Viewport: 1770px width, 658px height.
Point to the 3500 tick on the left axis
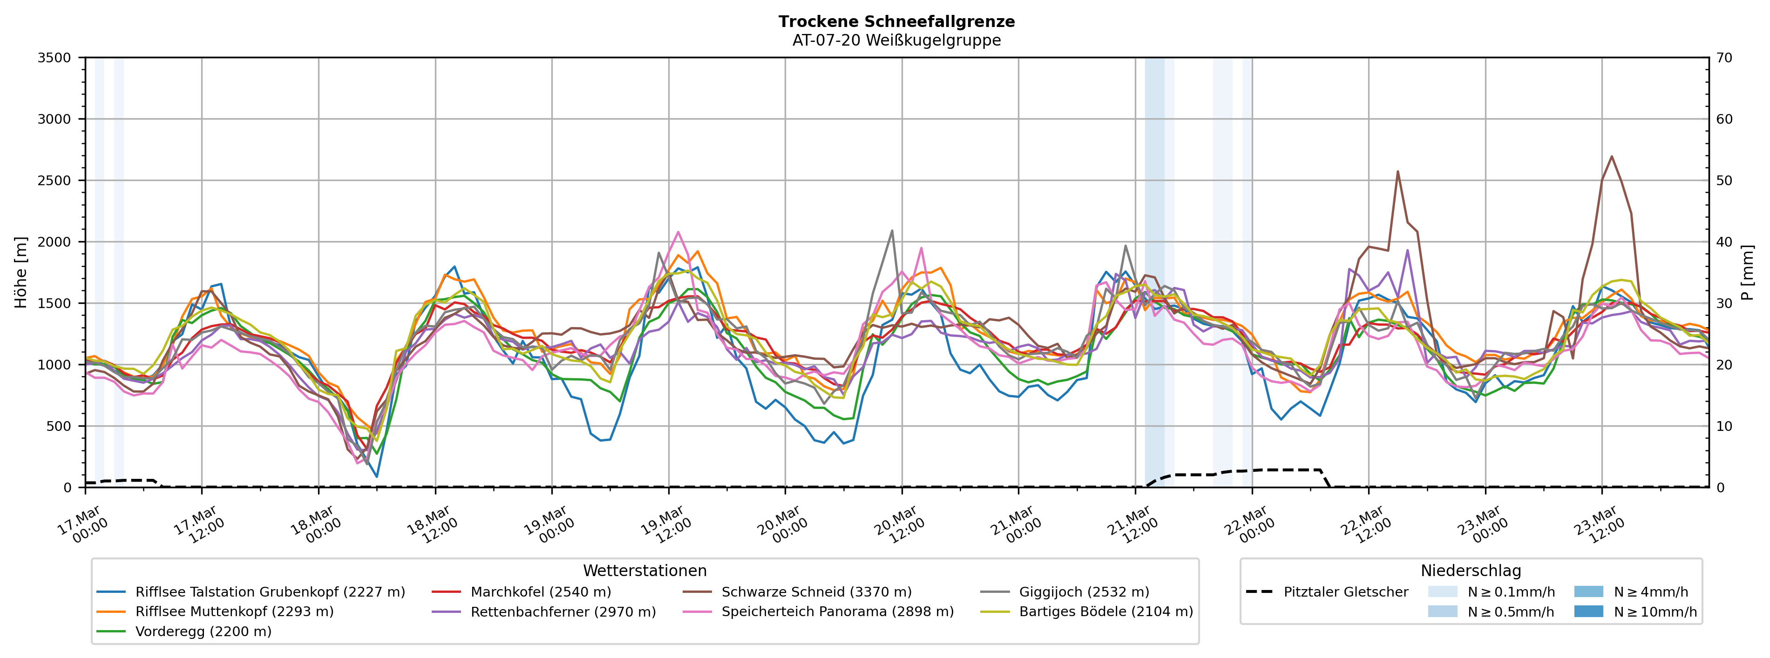[54, 58]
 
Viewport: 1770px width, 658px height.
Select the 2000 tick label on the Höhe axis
[54, 242]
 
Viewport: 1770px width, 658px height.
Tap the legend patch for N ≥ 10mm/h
[1588, 611]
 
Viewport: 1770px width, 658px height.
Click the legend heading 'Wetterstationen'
[644, 571]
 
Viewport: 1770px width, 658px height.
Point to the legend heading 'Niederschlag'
[1471, 571]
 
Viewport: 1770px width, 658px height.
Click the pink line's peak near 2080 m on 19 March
[678, 232]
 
